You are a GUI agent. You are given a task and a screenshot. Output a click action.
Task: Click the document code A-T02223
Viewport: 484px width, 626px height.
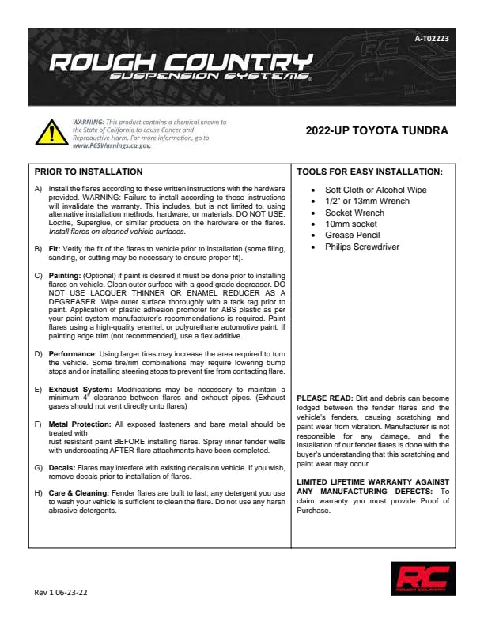[x=431, y=39]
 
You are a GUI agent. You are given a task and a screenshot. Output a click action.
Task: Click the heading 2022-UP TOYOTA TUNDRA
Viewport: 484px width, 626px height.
[x=376, y=130]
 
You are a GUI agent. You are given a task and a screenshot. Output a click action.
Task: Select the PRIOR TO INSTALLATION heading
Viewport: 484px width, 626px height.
[x=89, y=172]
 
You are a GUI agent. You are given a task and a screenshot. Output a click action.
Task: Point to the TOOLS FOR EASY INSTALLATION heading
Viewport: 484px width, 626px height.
[x=369, y=172]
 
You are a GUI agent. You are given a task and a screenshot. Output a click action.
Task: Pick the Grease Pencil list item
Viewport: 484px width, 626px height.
[x=354, y=236]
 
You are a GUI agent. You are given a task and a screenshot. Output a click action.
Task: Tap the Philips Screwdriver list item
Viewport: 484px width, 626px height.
[x=362, y=247]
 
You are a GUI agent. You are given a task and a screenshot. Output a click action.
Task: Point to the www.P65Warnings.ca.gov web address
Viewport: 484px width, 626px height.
[x=111, y=146]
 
